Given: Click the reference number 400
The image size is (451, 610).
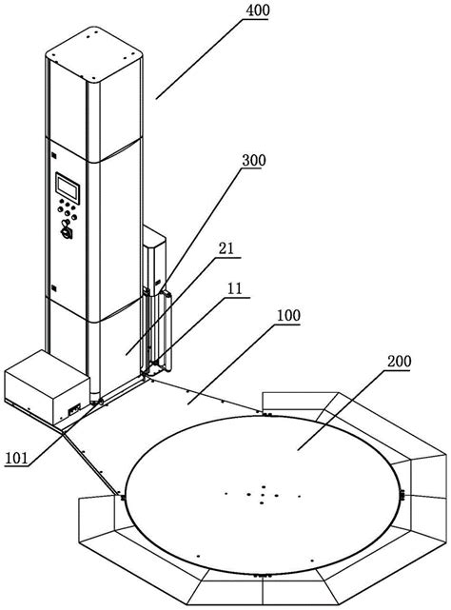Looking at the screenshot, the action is [257, 10].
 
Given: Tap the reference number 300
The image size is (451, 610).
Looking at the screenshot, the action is [254, 160].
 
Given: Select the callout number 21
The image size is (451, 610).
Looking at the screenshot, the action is [226, 248].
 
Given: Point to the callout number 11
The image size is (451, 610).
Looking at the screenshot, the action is [235, 288].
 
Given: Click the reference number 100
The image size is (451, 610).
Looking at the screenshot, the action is [288, 315].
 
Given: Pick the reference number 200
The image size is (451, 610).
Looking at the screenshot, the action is [400, 362].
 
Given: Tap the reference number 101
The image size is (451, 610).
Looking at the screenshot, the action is [17, 458].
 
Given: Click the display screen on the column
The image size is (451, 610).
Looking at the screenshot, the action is [68, 188].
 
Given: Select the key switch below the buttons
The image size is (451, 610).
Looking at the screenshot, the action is [66, 229].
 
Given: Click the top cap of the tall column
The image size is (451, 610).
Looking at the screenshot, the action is [94, 53].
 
